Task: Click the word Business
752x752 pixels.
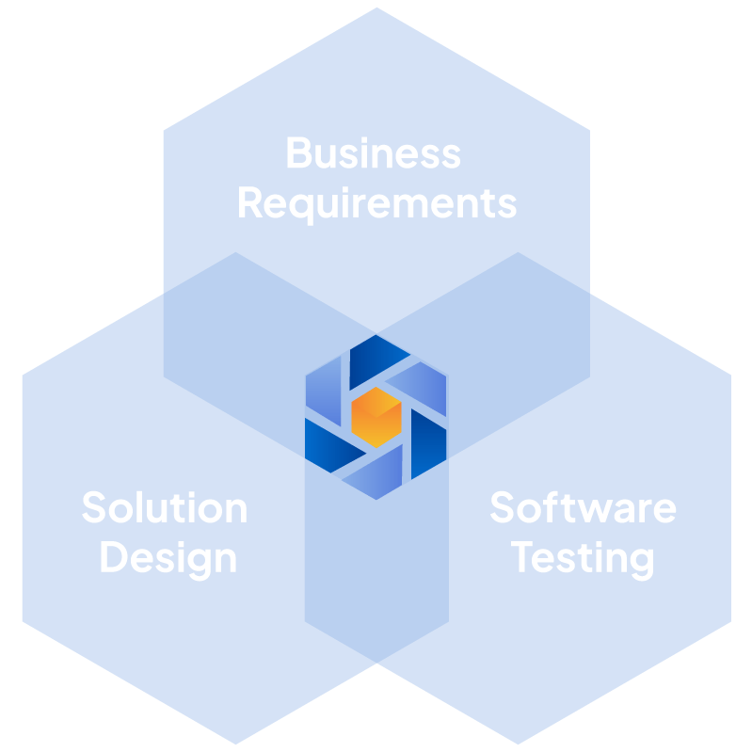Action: pos(374,153)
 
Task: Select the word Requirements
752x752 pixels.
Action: pos(378,205)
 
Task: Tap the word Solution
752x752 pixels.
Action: pos(165,507)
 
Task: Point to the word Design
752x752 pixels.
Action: pos(168,560)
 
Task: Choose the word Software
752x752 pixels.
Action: pos(584,507)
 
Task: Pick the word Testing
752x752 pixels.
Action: pos(583,560)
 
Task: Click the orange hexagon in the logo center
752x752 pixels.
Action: pos(376,417)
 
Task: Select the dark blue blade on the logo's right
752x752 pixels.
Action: pos(428,443)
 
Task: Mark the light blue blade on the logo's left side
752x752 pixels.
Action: pos(323,392)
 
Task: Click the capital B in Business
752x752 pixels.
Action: pos(299,153)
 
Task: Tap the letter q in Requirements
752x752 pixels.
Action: pos(301,209)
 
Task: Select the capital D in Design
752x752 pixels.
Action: pos(114,556)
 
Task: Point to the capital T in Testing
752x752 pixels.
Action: pos(521,556)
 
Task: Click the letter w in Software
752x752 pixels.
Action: pos(595,511)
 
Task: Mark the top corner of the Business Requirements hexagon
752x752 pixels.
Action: pos(377,8)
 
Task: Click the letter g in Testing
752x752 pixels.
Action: pos(642,565)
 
